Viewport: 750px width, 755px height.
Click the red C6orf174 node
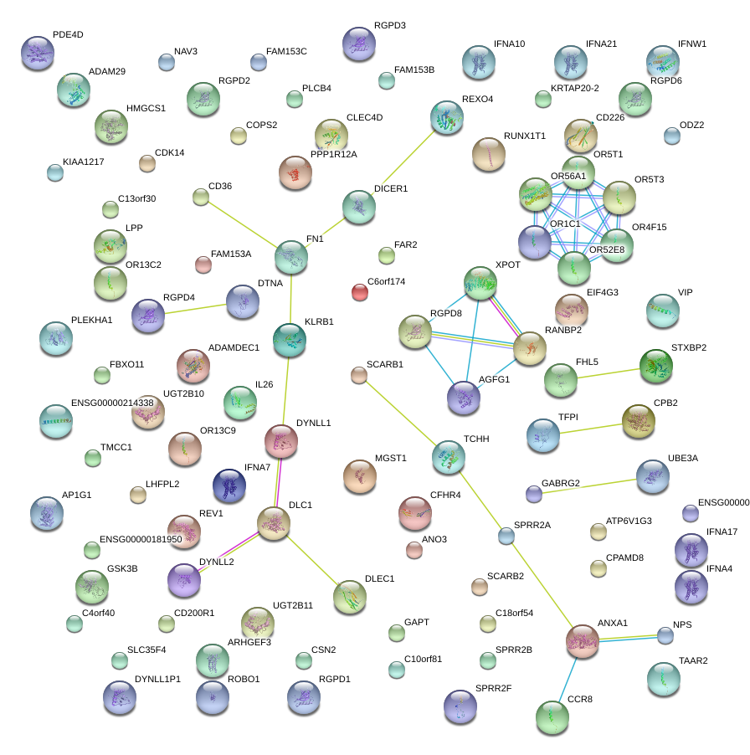pyautogui.click(x=360, y=292)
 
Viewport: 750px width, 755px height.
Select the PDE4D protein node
pyautogui.click(x=37, y=54)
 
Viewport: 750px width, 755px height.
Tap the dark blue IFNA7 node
pyautogui.click(x=229, y=485)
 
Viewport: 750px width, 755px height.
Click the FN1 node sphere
pyautogui.click(x=291, y=257)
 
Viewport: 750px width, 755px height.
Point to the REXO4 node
pyautogui.click(x=446, y=118)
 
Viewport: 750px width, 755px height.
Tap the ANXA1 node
pyautogui.click(x=583, y=641)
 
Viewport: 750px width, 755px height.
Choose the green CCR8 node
pyautogui.click(x=552, y=716)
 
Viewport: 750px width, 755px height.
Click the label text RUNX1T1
pyautogui.click(x=524, y=135)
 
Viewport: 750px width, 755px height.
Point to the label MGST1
pyautogui.click(x=390, y=458)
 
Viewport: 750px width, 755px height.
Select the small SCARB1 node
pyautogui.click(x=359, y=376)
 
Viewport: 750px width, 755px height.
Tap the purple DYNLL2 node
pyautogui.click(x=184, y=580)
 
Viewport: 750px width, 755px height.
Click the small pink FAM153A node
pyautogui.click(x=203, y=265)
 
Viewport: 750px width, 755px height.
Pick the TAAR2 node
pyautogui.click(x=663, y=679)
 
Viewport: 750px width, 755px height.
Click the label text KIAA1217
pyautogui.click(x=83, y=162)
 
